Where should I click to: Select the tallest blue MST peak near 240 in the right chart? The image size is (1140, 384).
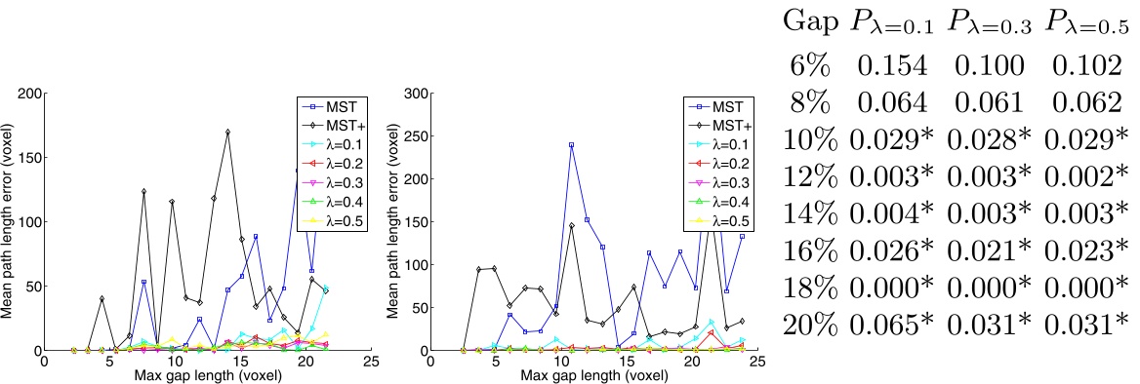[570, 145]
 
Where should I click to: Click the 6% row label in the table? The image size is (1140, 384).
[809, 65]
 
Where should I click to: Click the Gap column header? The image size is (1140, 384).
[809, 21]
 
